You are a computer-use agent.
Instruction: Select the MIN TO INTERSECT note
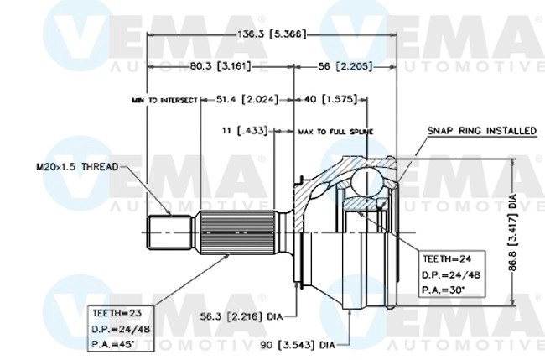[164, 100]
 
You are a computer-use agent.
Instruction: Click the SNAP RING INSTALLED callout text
[481, 131]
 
